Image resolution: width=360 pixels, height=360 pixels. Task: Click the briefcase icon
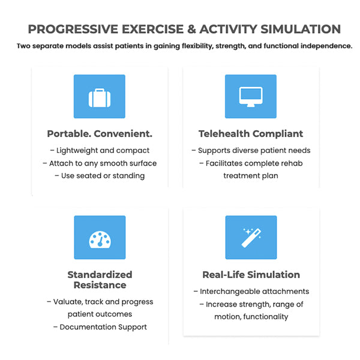(x=100, y=97)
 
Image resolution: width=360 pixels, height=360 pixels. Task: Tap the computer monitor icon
(x=251, y=97)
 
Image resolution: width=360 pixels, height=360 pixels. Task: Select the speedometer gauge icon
(x=100, y=238)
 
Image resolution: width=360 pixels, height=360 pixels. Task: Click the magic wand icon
(x=251, y=238)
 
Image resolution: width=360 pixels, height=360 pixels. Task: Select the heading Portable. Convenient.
(x=100, y=134)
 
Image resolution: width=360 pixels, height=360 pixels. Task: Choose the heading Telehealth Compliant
(x=251, y=134)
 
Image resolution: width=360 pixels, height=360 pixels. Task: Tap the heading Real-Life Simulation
(x=251, y=275)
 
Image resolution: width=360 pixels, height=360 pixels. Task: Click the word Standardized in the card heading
(x=100, y=275)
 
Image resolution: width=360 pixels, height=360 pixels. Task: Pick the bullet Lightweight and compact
(x=100, y=151)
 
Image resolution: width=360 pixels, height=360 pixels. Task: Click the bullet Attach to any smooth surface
(x=100, y=163)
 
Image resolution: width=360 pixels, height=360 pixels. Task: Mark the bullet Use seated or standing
(x=100, y=176)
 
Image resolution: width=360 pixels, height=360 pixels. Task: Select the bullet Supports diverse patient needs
(x=251, y=151)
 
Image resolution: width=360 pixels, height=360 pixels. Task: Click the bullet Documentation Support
(x=100, y=327)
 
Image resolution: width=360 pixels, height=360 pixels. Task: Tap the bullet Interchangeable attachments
(x=251, y=292)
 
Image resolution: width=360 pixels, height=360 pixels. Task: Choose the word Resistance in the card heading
(x=100, y=285)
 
